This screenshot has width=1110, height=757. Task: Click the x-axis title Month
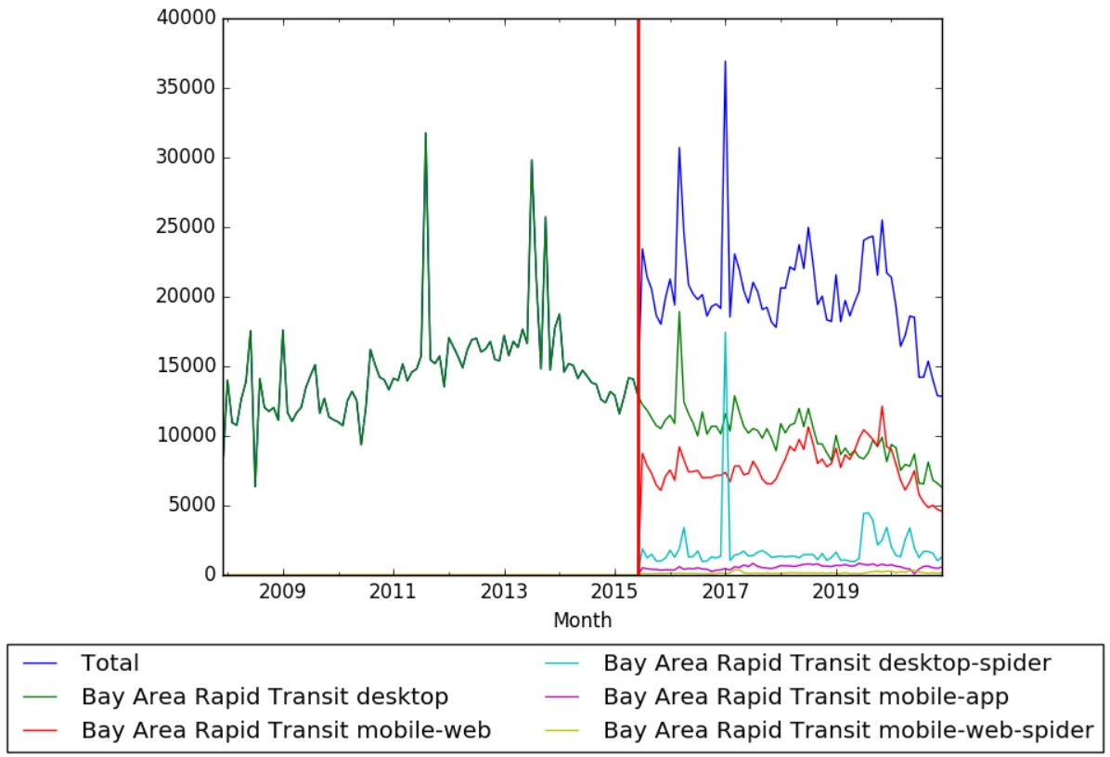coord(582,620)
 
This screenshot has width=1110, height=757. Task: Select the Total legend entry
coord(110,663)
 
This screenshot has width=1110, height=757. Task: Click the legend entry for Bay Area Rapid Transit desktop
coord(265,697)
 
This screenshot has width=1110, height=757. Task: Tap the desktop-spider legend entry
coord(826,663)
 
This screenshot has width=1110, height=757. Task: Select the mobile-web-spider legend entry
coord(847,730)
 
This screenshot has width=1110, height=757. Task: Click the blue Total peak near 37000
coord(725,61)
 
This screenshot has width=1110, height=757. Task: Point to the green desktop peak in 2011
coord(426,134)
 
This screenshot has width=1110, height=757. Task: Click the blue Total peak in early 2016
coord(679,148)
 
